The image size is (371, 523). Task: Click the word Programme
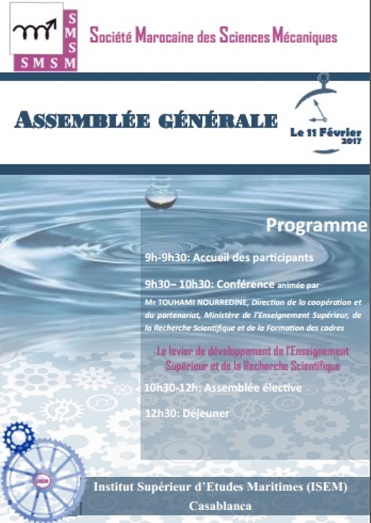(317, 226)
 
